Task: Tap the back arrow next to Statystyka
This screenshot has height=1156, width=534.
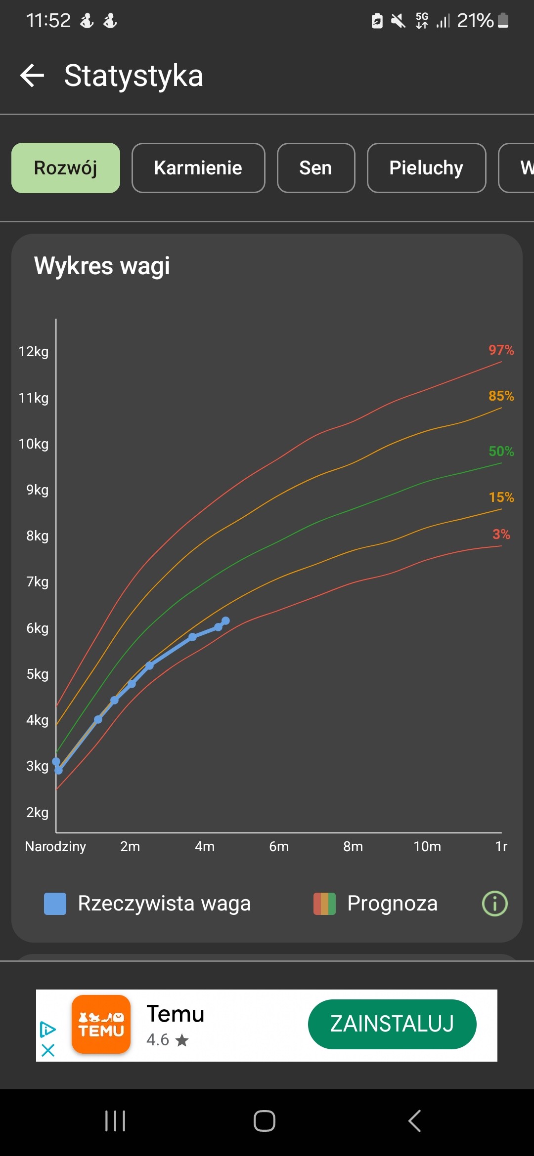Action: [32, 76]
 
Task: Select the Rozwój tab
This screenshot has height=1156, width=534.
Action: [66, 168]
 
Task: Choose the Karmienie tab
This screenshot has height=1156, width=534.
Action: [198, 168]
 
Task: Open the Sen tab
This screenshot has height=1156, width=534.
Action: [316, 168]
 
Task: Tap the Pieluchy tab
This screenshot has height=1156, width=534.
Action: [426, 168]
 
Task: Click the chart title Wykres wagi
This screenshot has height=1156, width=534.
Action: [102, 266]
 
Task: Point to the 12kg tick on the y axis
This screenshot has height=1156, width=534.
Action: [34, 352]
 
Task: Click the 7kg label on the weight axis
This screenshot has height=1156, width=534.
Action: [38, 582]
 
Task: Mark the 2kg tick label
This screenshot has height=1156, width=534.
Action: [38, 812]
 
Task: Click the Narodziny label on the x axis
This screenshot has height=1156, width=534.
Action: [55, 847]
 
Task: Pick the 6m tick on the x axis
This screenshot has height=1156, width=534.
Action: [279, 847]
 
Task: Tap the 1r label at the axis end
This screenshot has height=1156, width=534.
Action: [501, 847]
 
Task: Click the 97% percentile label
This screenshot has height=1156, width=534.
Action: [501, 350]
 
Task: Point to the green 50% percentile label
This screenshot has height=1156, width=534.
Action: [501, 452]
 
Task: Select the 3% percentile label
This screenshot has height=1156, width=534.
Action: [501, 535]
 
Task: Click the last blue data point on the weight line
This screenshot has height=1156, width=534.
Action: [225, 621]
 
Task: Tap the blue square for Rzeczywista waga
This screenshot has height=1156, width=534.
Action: [55, 904]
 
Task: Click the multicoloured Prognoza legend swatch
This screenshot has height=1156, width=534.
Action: [324, 904]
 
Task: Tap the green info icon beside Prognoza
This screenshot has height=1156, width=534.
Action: [495, 904]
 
